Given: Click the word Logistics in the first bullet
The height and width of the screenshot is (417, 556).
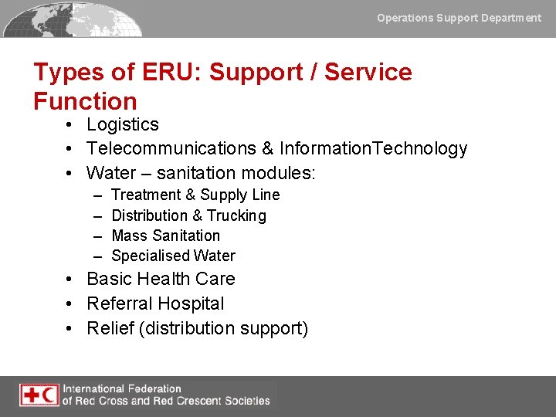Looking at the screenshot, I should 123,124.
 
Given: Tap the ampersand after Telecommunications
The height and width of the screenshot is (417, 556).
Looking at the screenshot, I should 266,148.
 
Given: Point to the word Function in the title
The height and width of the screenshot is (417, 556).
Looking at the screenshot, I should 85,101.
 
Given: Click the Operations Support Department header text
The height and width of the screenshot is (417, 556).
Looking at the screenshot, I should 459,18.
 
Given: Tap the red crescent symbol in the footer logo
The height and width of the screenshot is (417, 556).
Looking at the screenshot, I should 49,395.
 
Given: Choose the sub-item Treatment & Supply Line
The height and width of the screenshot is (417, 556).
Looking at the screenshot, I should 195,195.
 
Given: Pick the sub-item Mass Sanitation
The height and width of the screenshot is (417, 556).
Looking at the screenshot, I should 165,236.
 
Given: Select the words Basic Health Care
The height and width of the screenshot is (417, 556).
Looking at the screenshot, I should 161,279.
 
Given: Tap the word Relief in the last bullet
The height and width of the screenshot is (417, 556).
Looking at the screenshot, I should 109,328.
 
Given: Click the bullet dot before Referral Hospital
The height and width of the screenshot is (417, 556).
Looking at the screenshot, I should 69,304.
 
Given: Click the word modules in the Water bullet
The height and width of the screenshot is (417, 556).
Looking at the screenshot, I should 282,172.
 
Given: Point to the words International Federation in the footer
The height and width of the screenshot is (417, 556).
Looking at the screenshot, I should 122,388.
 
